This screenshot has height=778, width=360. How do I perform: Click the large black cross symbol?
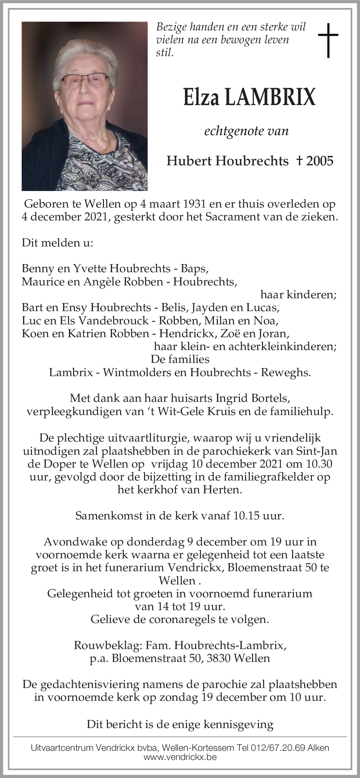tap(328, 40)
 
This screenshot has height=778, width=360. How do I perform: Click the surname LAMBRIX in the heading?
tap(270, 97)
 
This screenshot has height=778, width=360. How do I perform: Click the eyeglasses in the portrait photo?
tap(85, 79)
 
